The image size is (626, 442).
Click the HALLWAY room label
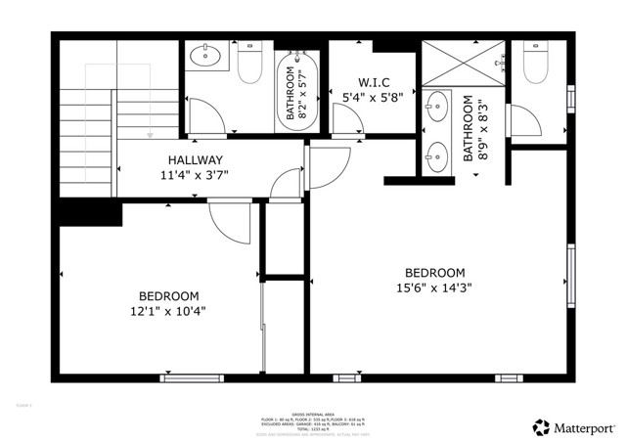click(195, 160)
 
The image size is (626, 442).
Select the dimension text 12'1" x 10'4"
click(168, 311)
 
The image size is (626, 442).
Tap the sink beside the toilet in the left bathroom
click(206, 55)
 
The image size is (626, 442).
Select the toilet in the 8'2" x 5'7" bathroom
click(249, 63)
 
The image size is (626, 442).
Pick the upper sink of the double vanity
click(436, 105)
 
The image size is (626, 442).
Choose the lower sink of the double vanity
click(436, 155)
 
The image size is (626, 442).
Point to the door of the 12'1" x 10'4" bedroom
click(231, 224)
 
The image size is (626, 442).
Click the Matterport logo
click(574, 427)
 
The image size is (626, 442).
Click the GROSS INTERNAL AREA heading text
click(312, 412)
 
